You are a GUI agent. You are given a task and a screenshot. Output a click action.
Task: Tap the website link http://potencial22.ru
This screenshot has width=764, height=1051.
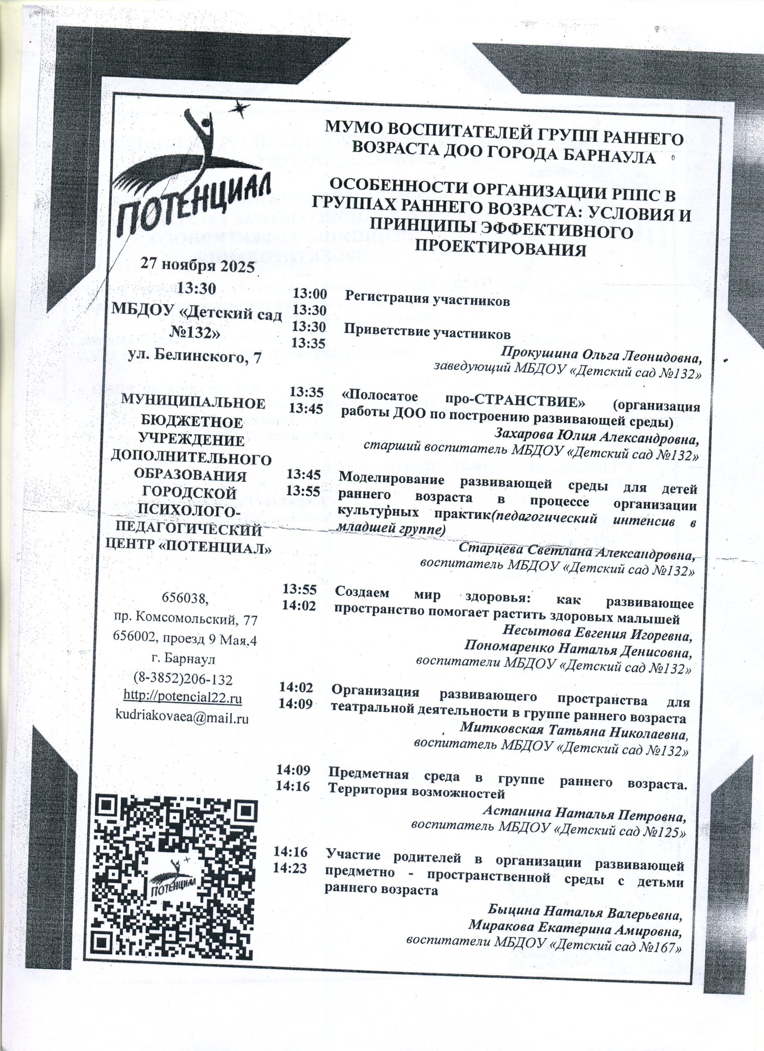(183, 698)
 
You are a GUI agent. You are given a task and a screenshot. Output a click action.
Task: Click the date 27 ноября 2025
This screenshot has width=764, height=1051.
(198, 266)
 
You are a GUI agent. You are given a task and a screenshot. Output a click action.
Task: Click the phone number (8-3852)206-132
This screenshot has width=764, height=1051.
(183, 679)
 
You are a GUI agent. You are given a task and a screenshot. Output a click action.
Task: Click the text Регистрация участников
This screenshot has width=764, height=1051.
(427, 301)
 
